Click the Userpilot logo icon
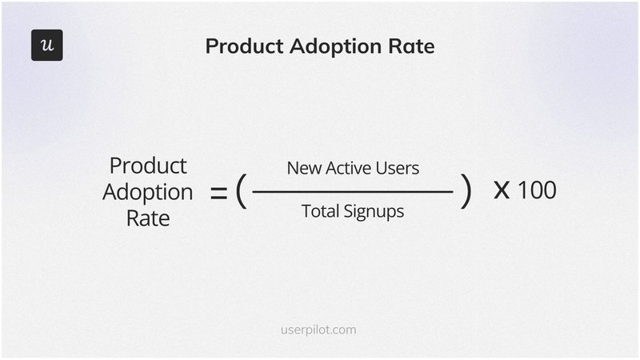click(47, 46)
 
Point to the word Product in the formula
click(148, 166)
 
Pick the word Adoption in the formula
click(148, 193)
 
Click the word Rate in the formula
click(148, 218)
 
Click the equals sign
click(218, 193)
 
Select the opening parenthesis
click(240, 192)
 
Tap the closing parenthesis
click(466, 192)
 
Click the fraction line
click(352, 192)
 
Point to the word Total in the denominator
click(319, 212)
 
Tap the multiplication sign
click(502, 192)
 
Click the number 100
click(537, 192)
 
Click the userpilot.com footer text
click(319, 329)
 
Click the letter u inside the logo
click(47, 46)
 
